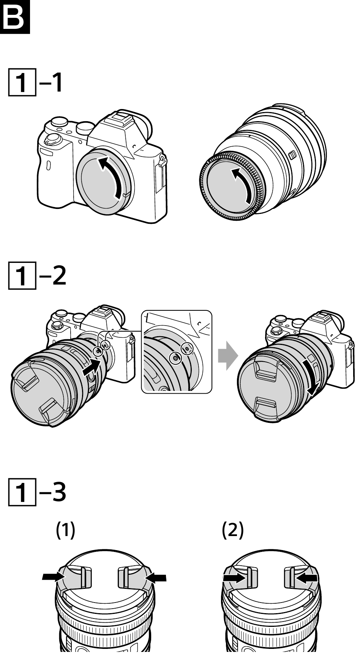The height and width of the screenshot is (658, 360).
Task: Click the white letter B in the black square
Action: pos(15,17)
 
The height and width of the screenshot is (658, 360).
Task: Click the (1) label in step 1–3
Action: pos(66,530)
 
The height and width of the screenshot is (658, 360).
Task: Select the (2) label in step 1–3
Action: pos(233,530)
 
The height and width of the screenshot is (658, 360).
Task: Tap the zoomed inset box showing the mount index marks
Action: pos(177,352)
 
